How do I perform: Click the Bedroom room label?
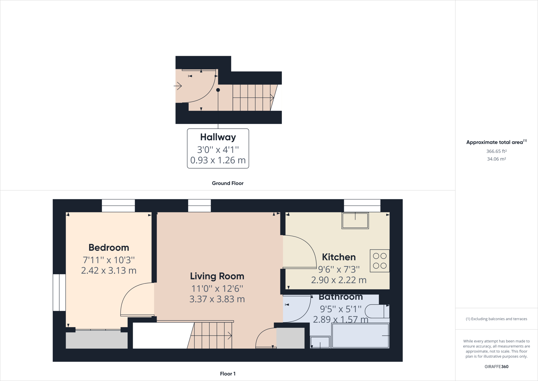pyautogui.click(x=109, y=248)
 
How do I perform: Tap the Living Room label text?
pyautogui.click(x=217, y=276)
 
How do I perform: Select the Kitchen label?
pyautogui.click(x=339, y=257)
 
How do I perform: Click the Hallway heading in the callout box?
pyautogui.click(x=218, y=137)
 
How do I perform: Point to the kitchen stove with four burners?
pyautogui.click(x=380, y=261)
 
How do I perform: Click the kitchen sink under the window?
pyautogui.click(x=355, y=220)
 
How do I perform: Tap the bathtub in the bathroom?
pyautogui.click(x=360, y=336)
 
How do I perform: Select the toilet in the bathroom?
pyautogui.click(x=377, y=311)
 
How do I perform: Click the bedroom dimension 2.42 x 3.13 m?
pyautogui.click(x=109, y=271)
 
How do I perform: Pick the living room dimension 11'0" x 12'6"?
pyautogui.click(x=217, y=289)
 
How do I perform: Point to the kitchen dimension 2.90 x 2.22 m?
pyautogui.click(x=339, y=280)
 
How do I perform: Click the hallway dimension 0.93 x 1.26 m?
pyautogui.click(x=218, y=160)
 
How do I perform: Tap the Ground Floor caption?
pyautogui.click(x=228, y=183)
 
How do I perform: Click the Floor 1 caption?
pyautogui.click(x=228, y=374)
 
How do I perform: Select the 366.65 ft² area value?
pyautogui.click(x=496, y=151)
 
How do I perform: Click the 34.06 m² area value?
pyautogui.click(x=496, y=159)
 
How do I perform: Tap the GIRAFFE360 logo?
pyautogui.click(x=496, y=367)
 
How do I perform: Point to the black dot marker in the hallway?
pyautogui.click(x=218, y=90)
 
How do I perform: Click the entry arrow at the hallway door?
pyautogui.click(x=178, y=86)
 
